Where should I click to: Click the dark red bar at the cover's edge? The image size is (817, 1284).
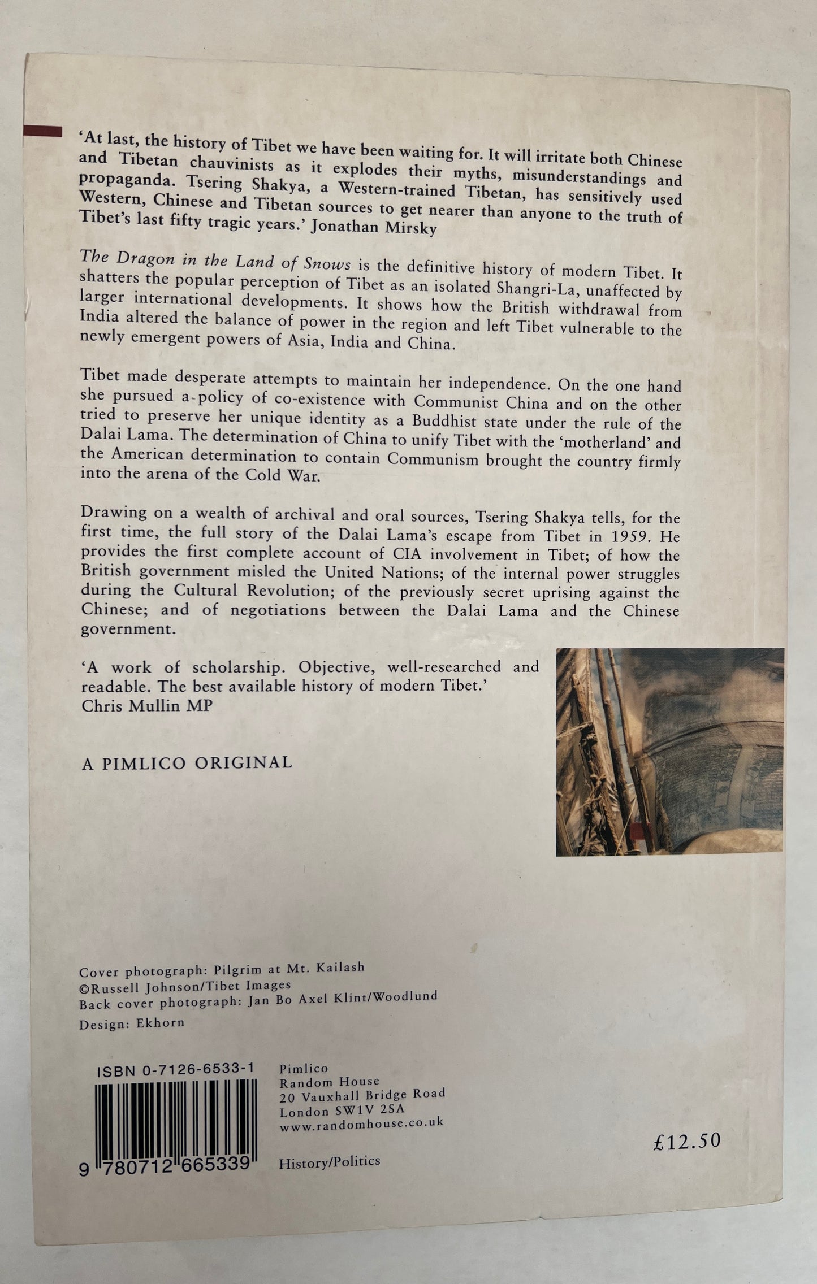(42, 132)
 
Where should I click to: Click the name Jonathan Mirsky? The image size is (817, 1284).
(374, 227)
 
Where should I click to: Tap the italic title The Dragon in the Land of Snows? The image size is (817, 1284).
(215, 261)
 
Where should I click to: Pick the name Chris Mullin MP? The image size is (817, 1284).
(147, 706)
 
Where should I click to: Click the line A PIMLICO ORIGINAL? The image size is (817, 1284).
(187, 764)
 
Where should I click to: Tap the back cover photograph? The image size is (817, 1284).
(669, 752)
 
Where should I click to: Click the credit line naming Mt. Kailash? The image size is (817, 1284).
(222, 970)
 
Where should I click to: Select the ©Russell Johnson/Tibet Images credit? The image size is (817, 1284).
(185, 986)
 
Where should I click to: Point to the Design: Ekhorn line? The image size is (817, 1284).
(132, 1023)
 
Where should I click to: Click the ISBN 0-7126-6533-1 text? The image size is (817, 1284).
(175, 1069)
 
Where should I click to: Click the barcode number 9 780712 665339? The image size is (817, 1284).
(165, 1164)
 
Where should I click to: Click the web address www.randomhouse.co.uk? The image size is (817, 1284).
(361, 1124)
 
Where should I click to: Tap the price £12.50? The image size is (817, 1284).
(686, 1141)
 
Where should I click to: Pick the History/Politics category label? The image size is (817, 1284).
(329, 1162)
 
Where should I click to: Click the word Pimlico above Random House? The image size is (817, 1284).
(304, 1068)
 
